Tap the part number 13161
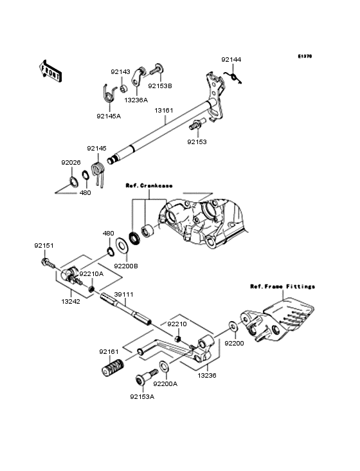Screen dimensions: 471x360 (x=163, y=110)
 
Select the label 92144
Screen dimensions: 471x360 (x=232, y=59)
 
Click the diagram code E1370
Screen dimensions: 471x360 (x=304, y=56)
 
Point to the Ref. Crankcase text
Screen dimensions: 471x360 (x=148, y=185)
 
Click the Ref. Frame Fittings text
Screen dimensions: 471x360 (x=282, y=286)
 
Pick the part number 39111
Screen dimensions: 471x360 (x=124, y=294)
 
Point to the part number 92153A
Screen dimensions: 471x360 (x=141, y=397)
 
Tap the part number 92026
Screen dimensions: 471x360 (x=71, y=163)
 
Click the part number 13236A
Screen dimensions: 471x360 (x=136, y=100)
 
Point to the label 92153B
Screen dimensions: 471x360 (x=160, y=85)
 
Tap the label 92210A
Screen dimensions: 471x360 (x=91, y=273)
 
